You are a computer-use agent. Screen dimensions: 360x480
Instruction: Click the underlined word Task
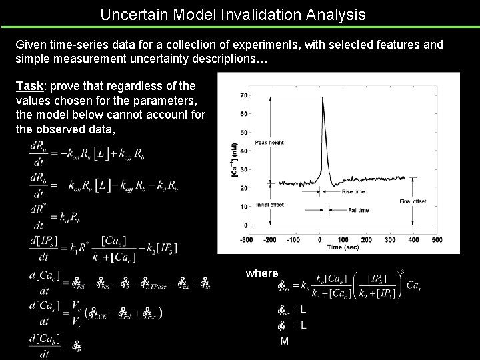coord(29,86)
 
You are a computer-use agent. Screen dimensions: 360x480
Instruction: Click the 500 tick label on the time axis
coord(437,239)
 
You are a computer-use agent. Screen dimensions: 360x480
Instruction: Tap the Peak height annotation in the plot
coord(269,142)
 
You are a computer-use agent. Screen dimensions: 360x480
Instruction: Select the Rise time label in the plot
coord(353,193)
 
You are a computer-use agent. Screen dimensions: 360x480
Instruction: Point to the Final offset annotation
coord(413,200)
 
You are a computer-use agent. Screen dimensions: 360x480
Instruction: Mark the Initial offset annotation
coord(269,205)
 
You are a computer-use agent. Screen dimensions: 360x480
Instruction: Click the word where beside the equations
coord(261,273)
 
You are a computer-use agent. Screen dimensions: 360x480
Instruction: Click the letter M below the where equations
coord(285,341)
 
